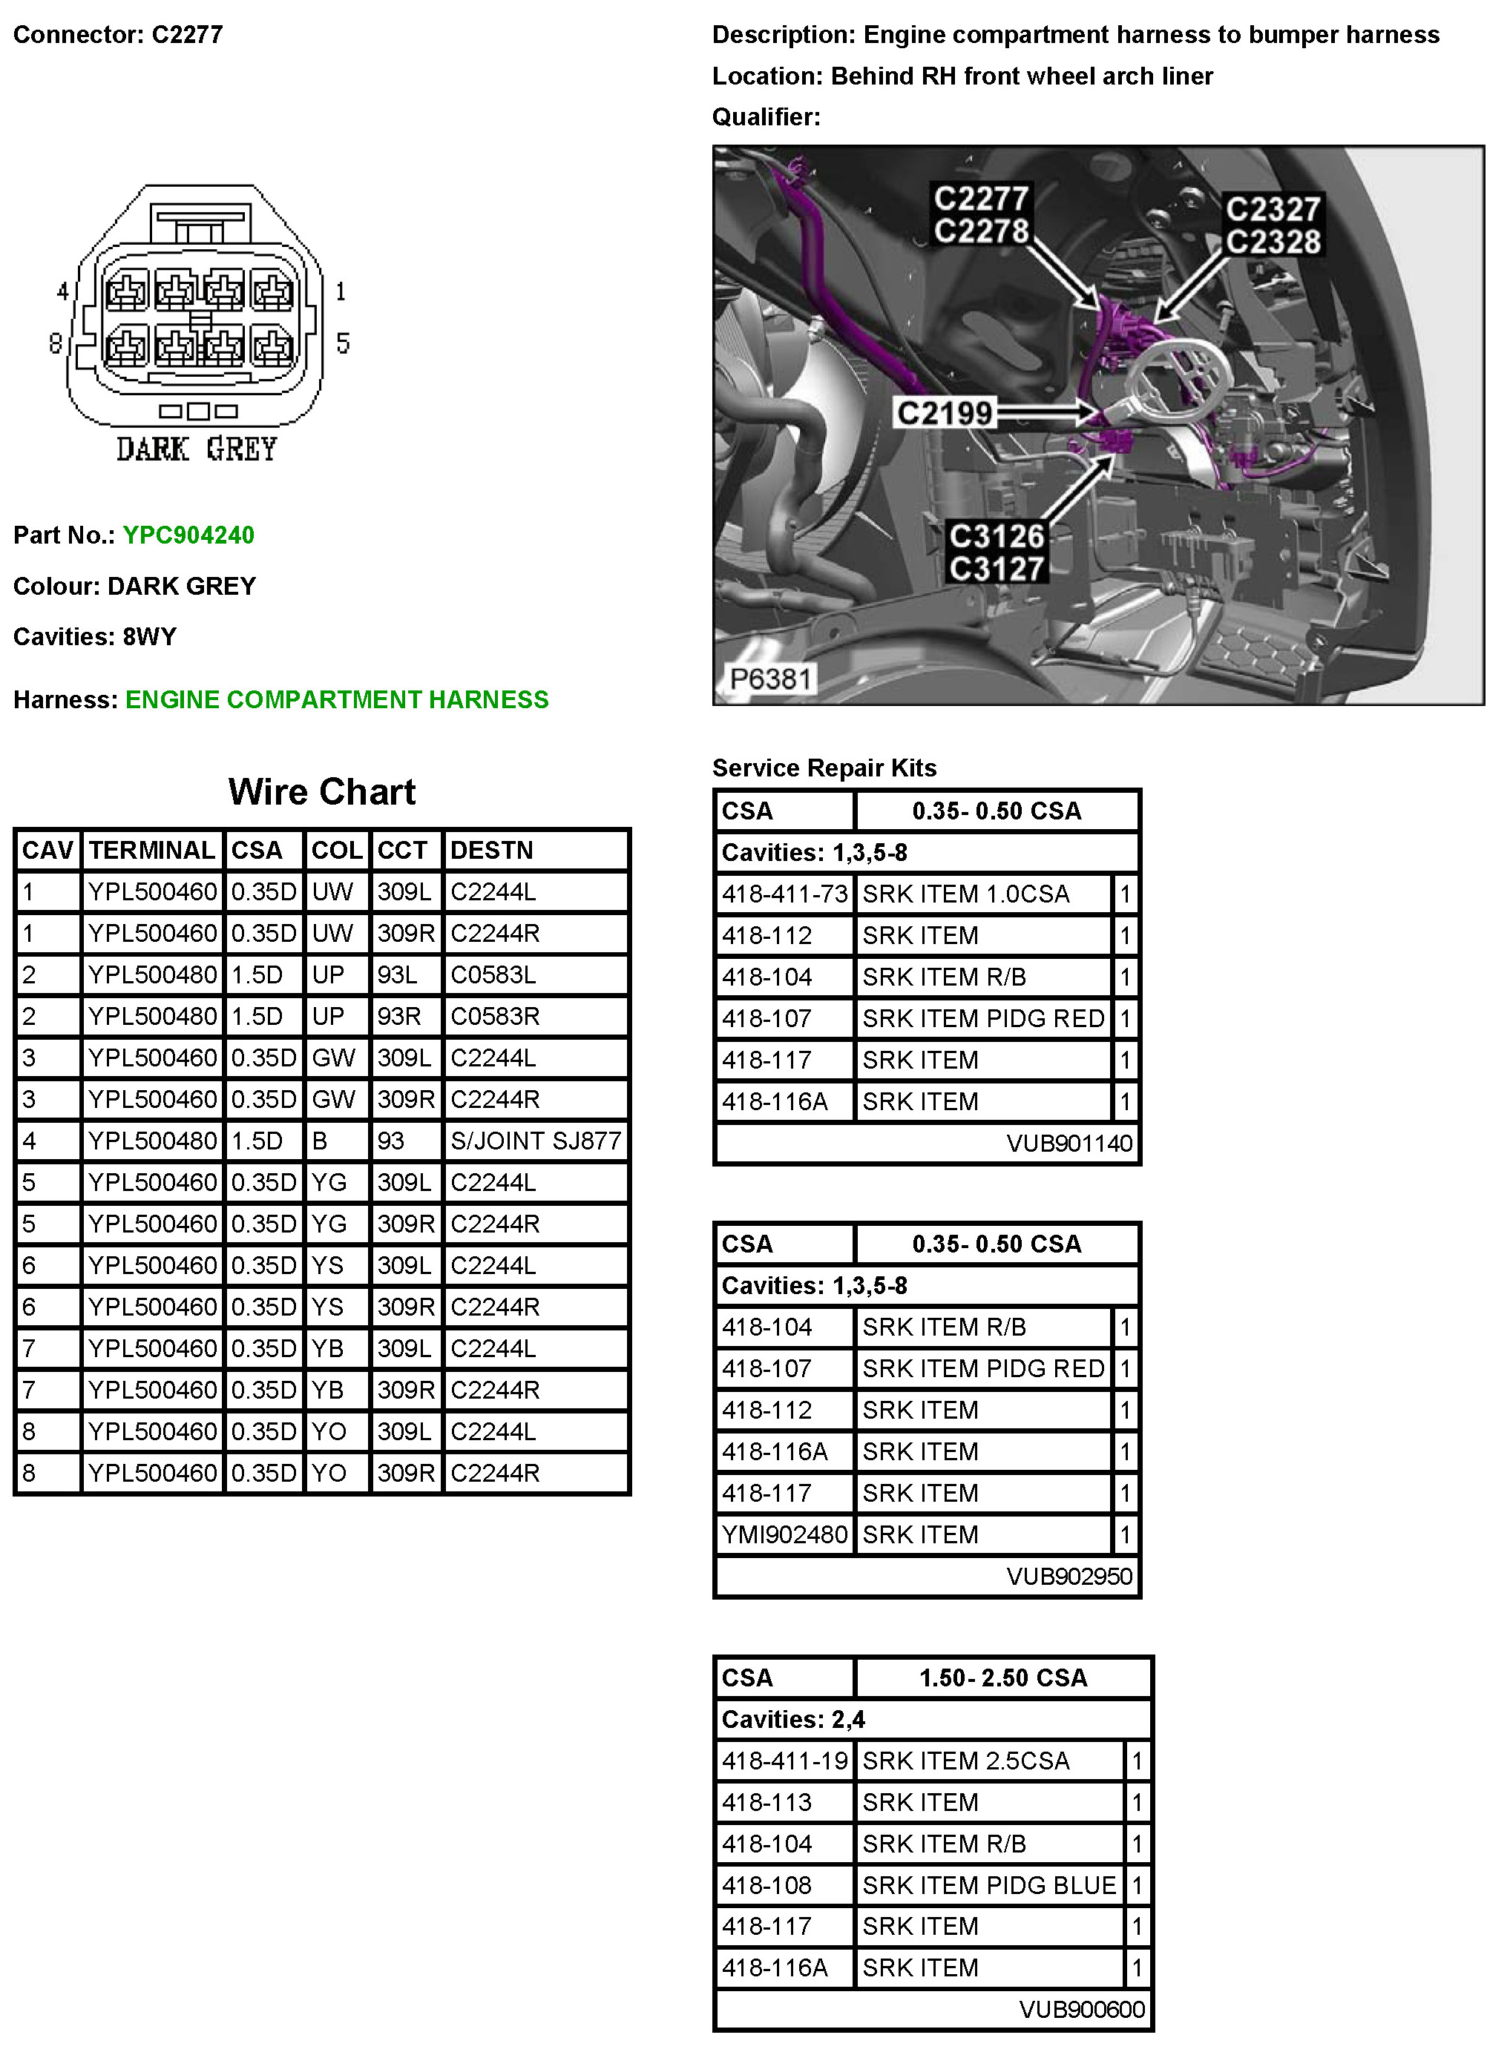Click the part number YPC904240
point(188,535)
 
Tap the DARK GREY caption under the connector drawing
point(196,449)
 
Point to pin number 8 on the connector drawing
point(56,343)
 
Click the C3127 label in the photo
point(997,568)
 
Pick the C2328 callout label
point(1273,242)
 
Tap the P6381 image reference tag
point(770,679)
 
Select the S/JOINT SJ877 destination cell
point(536,1141)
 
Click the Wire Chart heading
point(322,792)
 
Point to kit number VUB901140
point(1069,1143)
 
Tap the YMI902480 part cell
point(784,1535)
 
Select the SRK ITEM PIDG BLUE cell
point(989,1886)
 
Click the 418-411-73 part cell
point(784,894)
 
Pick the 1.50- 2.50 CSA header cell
point(1002,1678)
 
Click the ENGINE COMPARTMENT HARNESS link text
point(336,700)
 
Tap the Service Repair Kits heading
point(824,768)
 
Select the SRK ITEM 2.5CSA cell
point(965,1761)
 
